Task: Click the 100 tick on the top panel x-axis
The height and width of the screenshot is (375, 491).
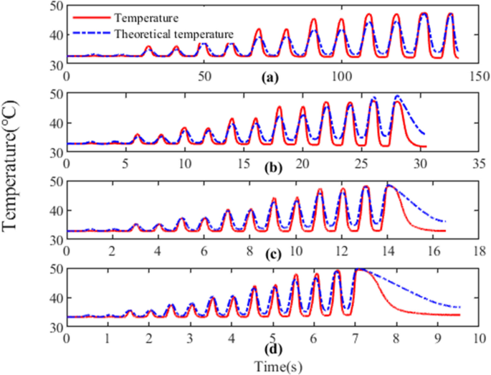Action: (341, 77)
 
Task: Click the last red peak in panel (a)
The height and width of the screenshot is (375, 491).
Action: (450, 14)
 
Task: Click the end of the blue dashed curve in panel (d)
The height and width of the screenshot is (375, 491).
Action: (459, 307)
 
